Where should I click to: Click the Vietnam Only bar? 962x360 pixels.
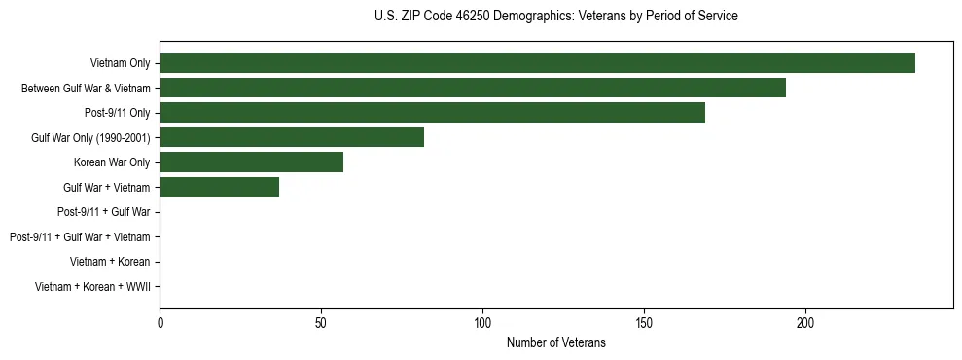(537, 63)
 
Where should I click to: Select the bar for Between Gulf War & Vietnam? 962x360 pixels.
(473, 88)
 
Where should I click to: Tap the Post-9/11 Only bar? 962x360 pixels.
(432, 113)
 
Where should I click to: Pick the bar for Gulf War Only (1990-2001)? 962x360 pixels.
(292, 137)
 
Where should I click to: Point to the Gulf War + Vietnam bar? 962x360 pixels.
(219, 187)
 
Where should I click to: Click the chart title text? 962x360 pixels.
(555, 17)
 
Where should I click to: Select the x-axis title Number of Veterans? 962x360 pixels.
(555, 342)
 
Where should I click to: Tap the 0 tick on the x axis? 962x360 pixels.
(160, 322)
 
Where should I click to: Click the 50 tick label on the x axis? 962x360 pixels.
(321, 322)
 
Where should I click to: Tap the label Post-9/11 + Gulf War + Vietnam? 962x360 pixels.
(80, 236)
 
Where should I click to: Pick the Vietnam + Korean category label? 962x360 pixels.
(110, 262)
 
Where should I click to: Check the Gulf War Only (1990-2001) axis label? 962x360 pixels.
(90, 137)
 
